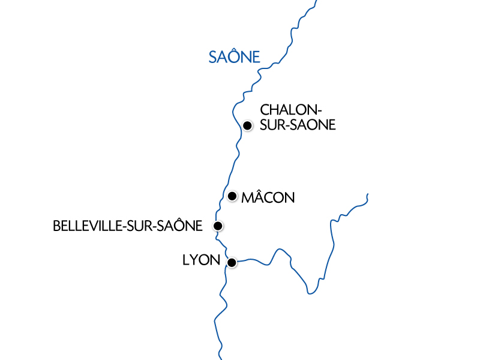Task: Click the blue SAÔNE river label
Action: pyautogui.click(x=234, y=57)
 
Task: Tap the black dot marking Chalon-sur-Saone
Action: pyautogui.click(x=247, y=125)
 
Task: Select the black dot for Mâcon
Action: pyautogui.click(x=232, y=196)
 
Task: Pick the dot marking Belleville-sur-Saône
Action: pyautogui.click(x=218, y=226)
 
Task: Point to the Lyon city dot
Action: pyautogui.click(x=232, y=262)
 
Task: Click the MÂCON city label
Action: pyautogui.click(x=268, y=197)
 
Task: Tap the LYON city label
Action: pyautogui.click(x=201, y=261)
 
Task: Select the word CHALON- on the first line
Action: pyautogui.click(x=292, y=111)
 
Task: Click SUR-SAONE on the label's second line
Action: pyautogui.click(x=298, y=125)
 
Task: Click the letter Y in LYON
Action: pyautogui.click(x=193, y=261)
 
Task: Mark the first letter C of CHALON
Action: pyautogui.click(x=265, y=111)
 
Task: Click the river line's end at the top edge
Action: pyautogui.click(x=316, y=1)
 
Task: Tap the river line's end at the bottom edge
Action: pyautogui.click(x=221, y=358)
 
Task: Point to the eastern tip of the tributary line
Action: pyautogui.click(x=367, y=194)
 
